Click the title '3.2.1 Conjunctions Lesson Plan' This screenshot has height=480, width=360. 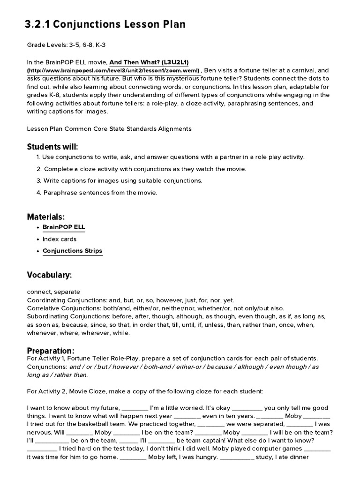[105, 24]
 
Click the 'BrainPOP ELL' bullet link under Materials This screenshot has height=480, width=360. [64, 227]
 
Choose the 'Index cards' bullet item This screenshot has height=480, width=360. [59, 239]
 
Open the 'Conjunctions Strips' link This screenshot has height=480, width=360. [72, 251]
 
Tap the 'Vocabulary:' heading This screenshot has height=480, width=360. [49, 275]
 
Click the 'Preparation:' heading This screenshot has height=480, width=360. [51, 351]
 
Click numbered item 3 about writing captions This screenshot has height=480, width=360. [123, 180]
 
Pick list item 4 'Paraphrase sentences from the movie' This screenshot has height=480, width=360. [100, 193]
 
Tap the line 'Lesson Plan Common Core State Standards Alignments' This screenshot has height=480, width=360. [109, 128]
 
